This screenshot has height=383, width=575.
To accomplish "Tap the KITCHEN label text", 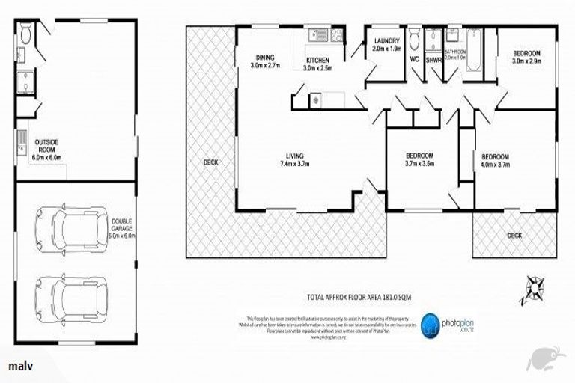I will click(x=317, y=64).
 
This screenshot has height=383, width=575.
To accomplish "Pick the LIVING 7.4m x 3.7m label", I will click(x=294, y=160).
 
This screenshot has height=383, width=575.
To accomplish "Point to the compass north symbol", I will click(x=535, y=288).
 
